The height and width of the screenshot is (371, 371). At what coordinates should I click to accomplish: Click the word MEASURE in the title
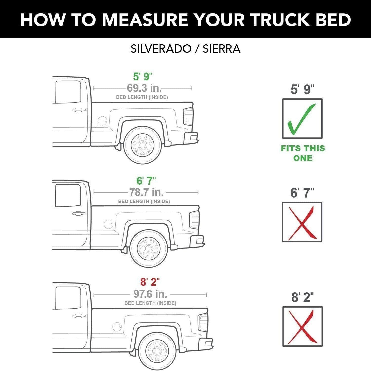coord(145,20)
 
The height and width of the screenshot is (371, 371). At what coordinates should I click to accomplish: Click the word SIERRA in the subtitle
coord(221,49)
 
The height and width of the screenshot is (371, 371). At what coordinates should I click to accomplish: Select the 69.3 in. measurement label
coord(144,88)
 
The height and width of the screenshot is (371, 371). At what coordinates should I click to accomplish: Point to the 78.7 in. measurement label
coord(146,192)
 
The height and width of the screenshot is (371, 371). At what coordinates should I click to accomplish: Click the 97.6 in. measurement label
coord(150,294)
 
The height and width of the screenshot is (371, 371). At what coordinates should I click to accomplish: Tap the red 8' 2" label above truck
coord(150,282)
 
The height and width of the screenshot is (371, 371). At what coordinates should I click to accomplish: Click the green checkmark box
coord(302,119)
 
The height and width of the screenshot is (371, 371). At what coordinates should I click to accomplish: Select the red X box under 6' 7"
coord(302,222)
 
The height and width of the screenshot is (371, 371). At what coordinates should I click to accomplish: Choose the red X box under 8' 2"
coord(303,327)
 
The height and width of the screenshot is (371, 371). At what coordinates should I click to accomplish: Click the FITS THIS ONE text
coord(303,153)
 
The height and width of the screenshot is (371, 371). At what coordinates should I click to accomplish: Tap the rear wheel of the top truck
coord(143,145)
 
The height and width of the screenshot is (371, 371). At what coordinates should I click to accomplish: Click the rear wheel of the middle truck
coord(149,249)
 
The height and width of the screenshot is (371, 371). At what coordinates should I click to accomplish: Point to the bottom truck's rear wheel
coord(157,351)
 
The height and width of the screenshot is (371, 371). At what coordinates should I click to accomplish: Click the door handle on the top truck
coord(79,110)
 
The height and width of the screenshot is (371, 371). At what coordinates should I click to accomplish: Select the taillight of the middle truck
coord(195,220)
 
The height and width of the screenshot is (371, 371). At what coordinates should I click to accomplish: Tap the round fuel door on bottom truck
coord(117,326)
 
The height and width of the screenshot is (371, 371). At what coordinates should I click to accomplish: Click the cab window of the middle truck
coord(68,195)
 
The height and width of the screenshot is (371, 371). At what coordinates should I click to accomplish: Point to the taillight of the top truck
coord(188,116)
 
